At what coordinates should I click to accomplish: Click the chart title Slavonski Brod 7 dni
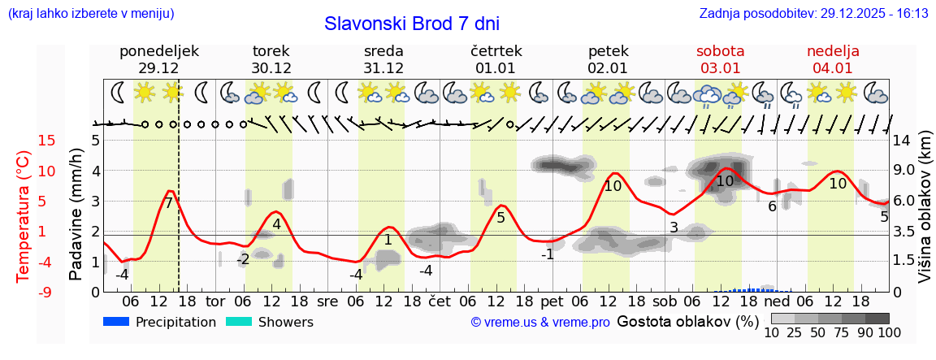pos(412,24)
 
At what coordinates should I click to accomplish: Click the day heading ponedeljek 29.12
pos(159,59)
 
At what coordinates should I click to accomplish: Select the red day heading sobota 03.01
pos(720,59)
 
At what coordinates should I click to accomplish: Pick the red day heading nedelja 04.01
pos(833,59)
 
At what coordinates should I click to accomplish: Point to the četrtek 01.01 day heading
pos(496,59)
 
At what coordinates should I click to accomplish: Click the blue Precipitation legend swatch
pos(117,322)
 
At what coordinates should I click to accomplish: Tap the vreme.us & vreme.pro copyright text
pos(540,323)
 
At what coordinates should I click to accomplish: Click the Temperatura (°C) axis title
pos(24,215)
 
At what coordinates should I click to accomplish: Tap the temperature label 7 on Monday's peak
pos(168,203)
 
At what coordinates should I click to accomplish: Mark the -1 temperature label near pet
pos(548,254)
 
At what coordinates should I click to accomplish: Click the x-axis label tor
pos(215,301)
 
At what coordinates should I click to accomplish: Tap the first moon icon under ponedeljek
pos(119,93)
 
